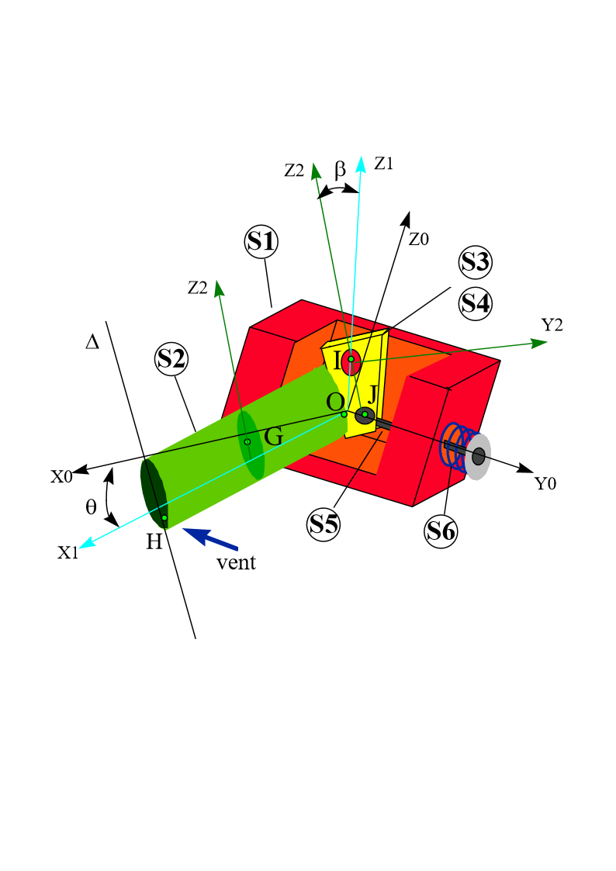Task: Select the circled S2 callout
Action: [x=171, y=358]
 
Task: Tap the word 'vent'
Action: [x=236, y=563]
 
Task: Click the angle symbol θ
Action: [x=91, y=507]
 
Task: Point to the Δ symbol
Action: [x=92, y=340]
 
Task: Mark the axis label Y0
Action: [x=545, y=484]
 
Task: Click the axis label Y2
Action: [x=552, y=325]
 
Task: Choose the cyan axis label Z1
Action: [x=383, y=163]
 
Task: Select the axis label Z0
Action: [x=418, y=240]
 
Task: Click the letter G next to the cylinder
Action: [x=273, y=437]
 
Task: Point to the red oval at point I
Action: [x=351, y=361]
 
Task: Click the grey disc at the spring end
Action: [x=478, y=456]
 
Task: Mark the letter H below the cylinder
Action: [x=154, y=542]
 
